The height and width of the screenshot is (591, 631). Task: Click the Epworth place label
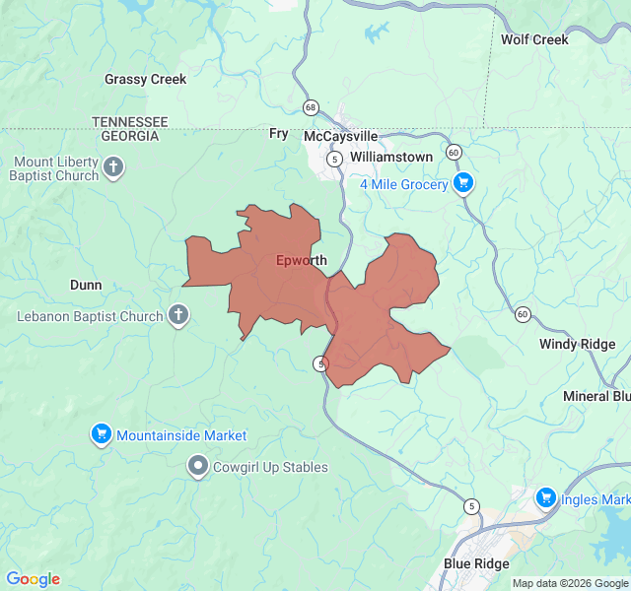301,261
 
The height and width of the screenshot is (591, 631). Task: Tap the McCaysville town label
340,136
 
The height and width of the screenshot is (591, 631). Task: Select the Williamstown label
391,157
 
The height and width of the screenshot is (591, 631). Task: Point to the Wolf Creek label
534,40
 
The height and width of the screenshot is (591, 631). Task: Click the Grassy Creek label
145,80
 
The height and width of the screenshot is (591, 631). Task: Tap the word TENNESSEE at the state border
130,121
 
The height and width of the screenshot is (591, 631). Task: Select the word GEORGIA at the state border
130,135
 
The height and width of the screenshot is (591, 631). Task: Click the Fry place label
278,133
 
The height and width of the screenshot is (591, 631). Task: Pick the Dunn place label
86,285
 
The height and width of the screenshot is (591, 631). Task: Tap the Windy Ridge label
577,344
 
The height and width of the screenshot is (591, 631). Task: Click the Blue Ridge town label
476,563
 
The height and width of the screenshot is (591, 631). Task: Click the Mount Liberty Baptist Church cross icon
113,167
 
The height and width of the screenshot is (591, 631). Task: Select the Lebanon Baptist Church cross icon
177,316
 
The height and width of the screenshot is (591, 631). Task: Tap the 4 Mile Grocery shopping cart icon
463,183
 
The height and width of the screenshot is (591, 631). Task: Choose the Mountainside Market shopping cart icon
101,434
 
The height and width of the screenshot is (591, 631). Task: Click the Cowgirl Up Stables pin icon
198,466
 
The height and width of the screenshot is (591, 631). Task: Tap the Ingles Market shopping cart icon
545,498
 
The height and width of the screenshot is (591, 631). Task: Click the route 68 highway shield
312,106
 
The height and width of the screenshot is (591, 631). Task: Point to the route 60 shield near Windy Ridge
522,314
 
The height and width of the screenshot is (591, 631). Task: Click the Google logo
33,579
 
